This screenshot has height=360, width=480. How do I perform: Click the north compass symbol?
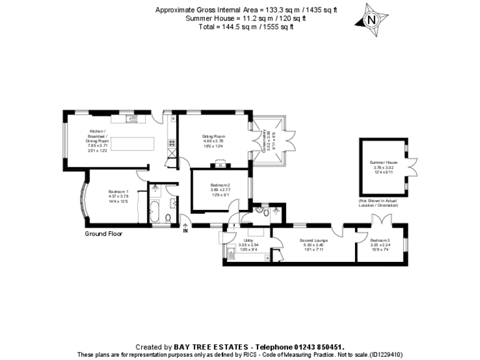click(x=372, y=19)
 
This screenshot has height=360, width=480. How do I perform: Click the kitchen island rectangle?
click(x=132, y=143)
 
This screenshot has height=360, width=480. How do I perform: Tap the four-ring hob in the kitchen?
click(x=171, y=143)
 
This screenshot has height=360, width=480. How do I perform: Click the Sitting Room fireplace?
click(x=220, y=165)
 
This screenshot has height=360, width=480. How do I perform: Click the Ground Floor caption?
click(x=103, y=234)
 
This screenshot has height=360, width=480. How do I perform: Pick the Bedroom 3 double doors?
click(x=381, y=219)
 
